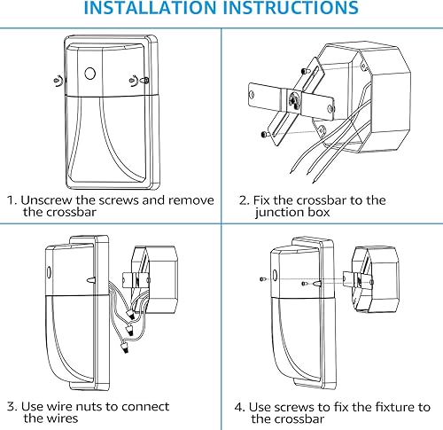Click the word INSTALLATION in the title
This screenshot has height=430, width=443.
click(150, 8)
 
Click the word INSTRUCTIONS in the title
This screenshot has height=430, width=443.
click(291, 8)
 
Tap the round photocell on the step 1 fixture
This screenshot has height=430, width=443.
click(90, 74)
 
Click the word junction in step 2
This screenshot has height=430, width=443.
click(276, 213)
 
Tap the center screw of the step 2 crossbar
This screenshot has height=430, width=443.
click(293, 100)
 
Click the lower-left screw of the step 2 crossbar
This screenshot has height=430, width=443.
click(264, 135)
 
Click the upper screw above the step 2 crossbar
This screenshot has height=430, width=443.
click(304, 71)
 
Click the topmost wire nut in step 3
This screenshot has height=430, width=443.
click(130, 314)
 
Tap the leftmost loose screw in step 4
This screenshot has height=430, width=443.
click(262, 279)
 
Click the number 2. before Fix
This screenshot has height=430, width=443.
click(244, 200)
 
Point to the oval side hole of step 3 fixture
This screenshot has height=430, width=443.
click(49, 271)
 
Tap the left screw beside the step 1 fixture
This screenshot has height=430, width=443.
click(58, 81)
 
